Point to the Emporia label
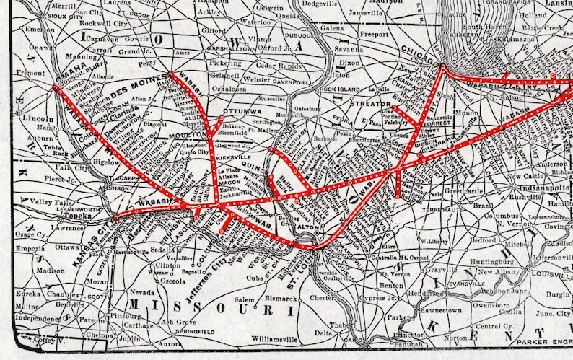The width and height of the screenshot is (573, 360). pos(31,249)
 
